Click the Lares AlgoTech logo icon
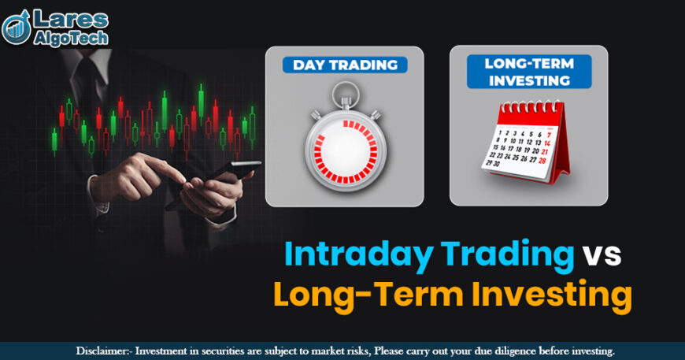tap(17, 28)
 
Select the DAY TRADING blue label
tap(344, 64)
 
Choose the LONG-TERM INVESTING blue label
tap(528, 72)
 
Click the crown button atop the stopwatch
tap(343, 96)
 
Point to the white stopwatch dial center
tap(344, 150)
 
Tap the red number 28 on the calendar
tap(543, 160)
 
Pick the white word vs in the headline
tap(602, 255)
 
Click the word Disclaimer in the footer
tap(103, 351)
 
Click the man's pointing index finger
tap(169, 168)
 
